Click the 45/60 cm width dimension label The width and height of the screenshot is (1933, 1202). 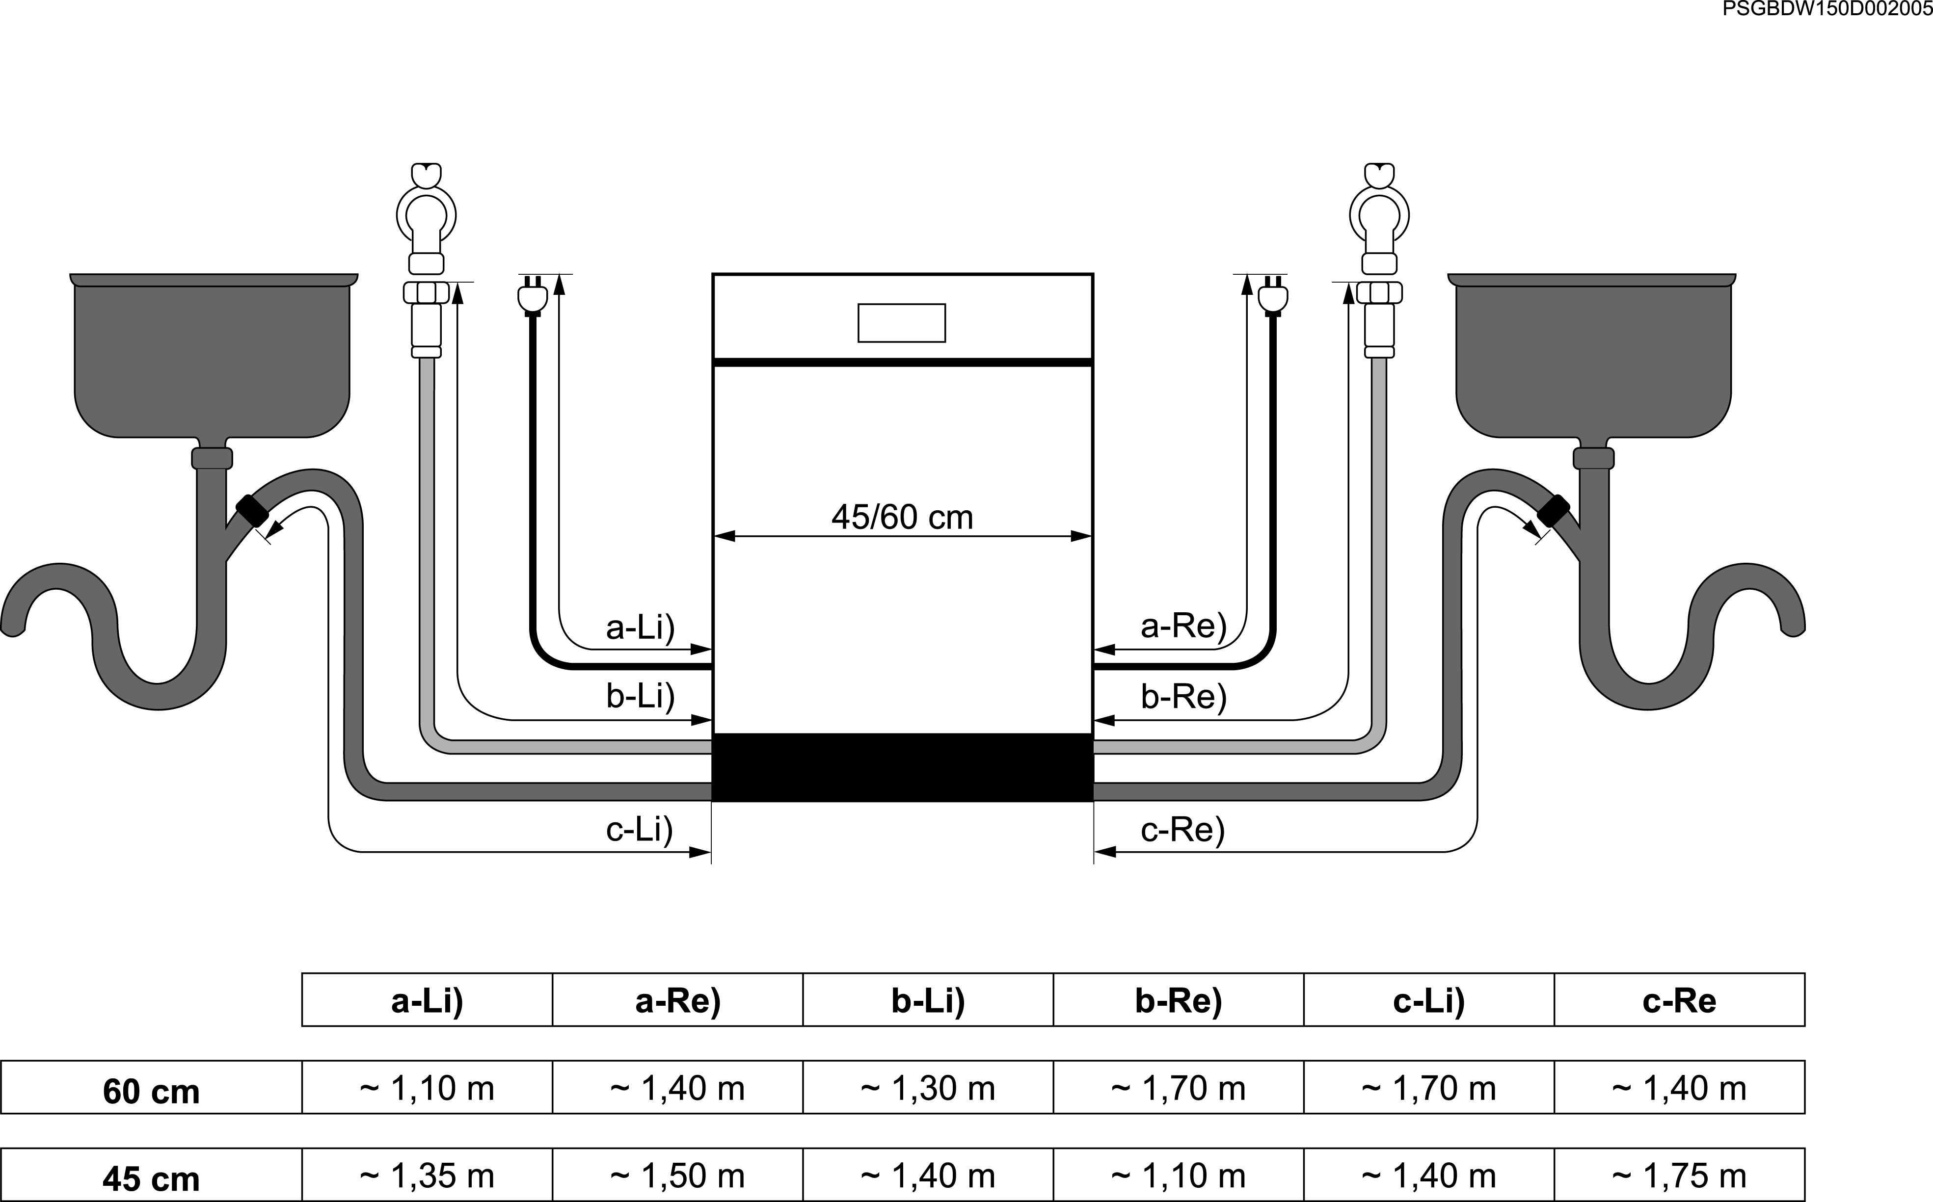[x=902, y=518]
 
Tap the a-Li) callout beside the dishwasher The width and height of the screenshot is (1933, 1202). [x=640, y=627]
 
